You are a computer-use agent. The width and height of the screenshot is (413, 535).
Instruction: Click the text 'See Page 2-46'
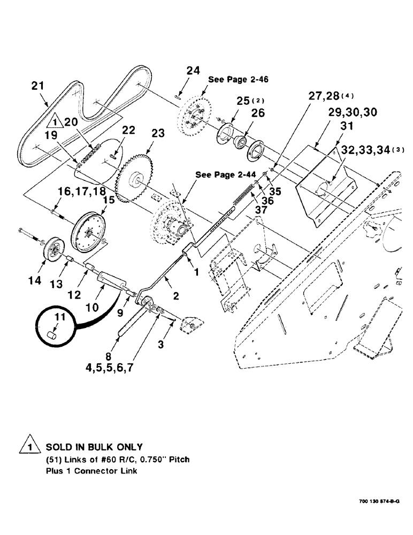tap(238, 79)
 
